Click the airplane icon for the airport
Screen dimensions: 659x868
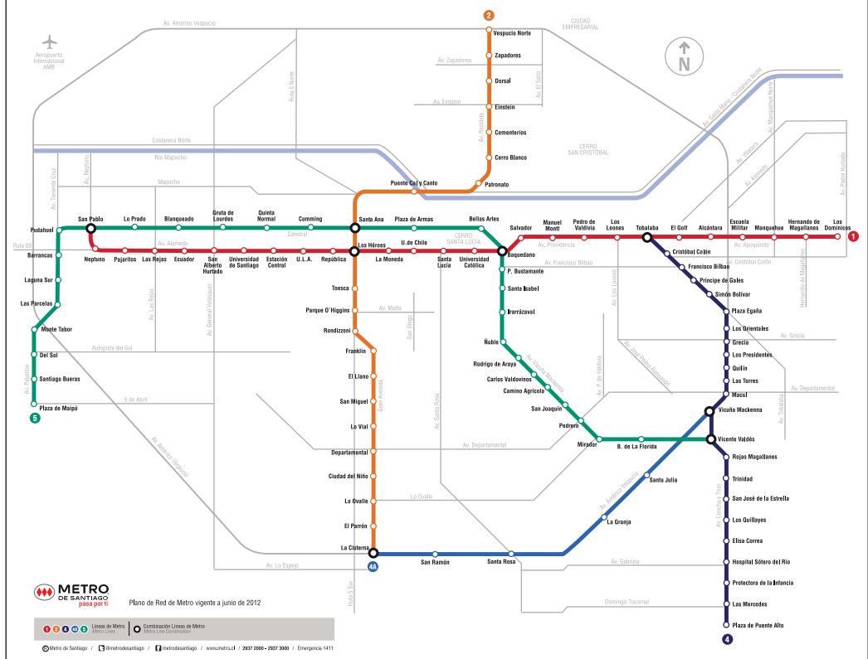tap(51, 41)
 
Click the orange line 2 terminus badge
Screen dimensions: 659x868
tap(489, 16)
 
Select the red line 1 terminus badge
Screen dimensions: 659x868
tap(853, 237)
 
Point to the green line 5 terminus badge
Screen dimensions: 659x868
tap(34, 419)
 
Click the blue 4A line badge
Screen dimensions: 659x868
tap(373, 567)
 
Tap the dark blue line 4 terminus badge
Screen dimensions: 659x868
tap(727, 639)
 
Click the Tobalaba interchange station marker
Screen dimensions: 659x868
tap(646, 237)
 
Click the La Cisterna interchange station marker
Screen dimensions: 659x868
tap(373, 553)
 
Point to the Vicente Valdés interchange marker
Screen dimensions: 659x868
tap(711, 439)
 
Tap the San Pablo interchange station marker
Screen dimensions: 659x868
tap(90, 228)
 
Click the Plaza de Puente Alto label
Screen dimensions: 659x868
tap(758, 625)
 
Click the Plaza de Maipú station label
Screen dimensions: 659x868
tap(58, 409)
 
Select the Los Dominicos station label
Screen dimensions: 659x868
tap(841, 224)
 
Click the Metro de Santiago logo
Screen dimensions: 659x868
tap(71, 596)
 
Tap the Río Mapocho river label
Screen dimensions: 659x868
tap(171, 157)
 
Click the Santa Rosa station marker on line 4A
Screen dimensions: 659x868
tap(511, 554)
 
